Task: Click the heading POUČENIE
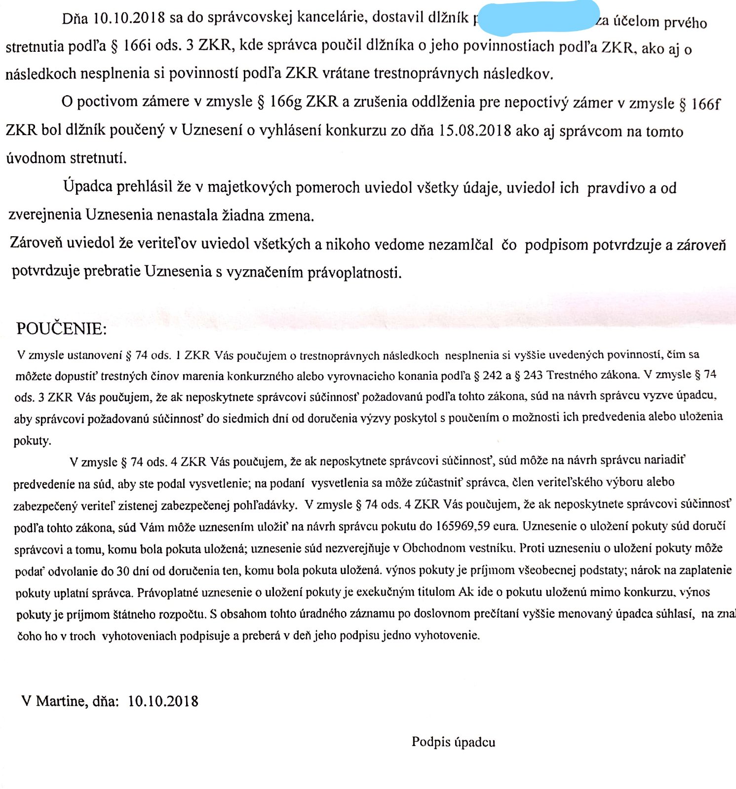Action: pos(61,328)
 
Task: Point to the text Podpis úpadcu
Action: pos(453,742)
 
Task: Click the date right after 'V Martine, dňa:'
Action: pos(163,701)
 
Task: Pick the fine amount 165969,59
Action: pos(463,526)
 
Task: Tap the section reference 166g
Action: pos(286,102)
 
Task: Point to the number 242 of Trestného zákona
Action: pos(492,376)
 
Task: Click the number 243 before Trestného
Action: pos(533,375)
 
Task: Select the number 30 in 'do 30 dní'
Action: pos(123,571)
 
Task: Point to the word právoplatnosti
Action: pos(354,272)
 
